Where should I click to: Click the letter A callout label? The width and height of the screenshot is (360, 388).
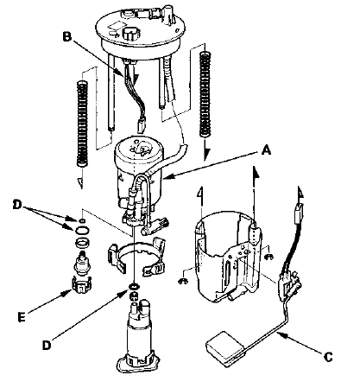click(266, 150)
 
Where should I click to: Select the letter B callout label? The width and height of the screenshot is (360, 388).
click(66, 37)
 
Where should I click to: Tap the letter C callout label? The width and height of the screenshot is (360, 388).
click(328, 357)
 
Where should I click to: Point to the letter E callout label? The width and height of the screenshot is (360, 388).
click(22, 317)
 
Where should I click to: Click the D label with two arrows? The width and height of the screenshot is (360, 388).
click(17, 205)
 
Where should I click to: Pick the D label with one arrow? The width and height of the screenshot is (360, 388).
click(47, 345)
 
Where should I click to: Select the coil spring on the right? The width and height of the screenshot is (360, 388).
click(205, 93)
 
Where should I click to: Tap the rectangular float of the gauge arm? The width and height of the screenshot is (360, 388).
click(225, 349)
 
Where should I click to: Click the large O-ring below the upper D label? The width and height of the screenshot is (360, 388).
click(83, 230)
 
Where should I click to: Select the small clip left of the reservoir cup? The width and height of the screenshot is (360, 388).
click(183, 281)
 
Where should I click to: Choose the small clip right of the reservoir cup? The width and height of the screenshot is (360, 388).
click(269, 257)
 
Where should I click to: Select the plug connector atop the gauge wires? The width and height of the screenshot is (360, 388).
click(300, 208)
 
